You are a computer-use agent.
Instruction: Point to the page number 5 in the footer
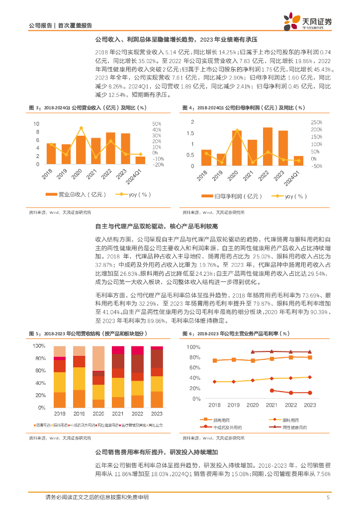[328, 497]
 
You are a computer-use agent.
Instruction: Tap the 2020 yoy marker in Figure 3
[81, 128]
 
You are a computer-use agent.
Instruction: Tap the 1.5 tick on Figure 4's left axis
[190, 133]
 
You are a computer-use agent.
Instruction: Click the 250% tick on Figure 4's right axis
[317, 122]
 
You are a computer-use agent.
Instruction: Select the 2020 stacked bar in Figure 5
[98, 377]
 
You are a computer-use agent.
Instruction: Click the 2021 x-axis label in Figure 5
[118, 414]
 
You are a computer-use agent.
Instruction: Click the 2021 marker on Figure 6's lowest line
[272, 390]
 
